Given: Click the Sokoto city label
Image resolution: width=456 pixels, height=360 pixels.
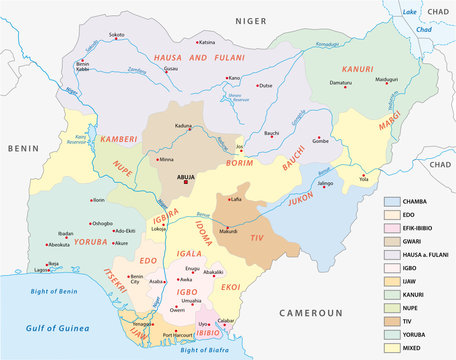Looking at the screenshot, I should coord(118,34).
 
